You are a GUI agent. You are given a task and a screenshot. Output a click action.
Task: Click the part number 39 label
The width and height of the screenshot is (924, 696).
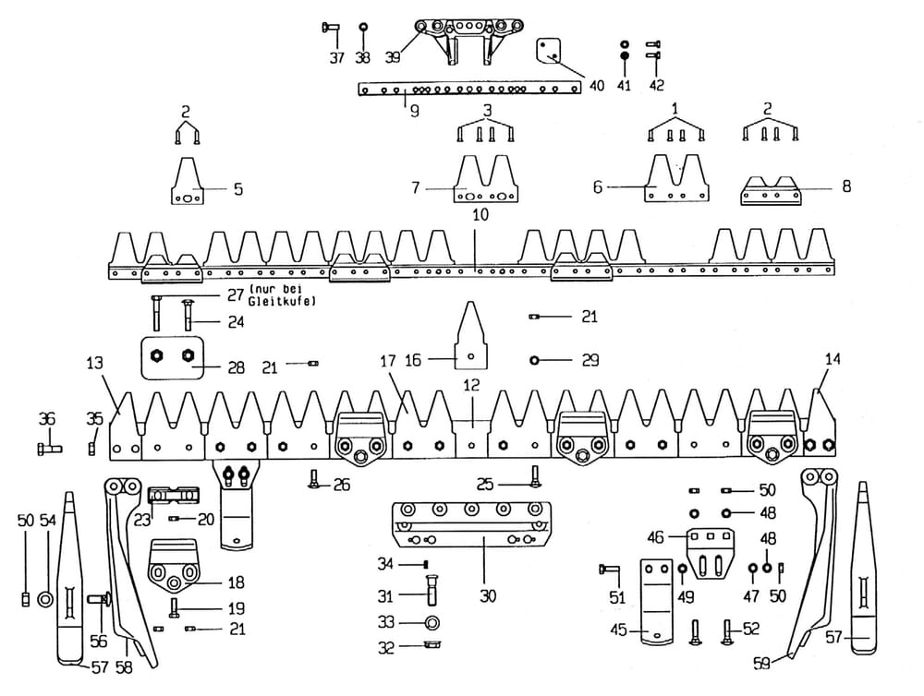click(x=393, y=58)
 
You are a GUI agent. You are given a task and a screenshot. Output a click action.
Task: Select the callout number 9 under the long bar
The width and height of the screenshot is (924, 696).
click(x=415, y=108)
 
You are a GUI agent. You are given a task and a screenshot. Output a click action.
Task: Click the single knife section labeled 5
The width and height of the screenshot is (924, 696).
click(x=188, y=182)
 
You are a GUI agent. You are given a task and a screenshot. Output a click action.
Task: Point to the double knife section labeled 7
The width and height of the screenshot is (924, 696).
click(x=486, y=182)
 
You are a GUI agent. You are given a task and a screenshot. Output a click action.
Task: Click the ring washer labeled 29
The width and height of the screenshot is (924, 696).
click(x=534, y=359)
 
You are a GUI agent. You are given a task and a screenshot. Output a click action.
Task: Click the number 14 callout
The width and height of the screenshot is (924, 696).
click(x=833, y=360)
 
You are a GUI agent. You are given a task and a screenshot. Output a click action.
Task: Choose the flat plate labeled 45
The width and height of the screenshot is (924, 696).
click(x=658, y=601)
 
